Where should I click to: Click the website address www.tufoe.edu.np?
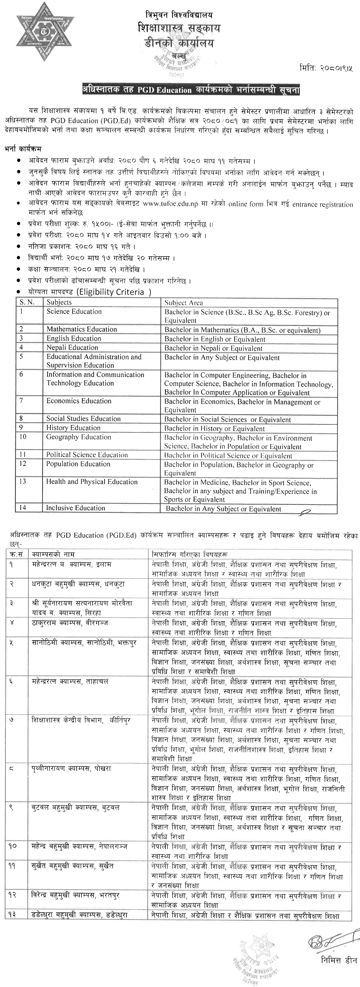170,204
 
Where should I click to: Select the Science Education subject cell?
74,311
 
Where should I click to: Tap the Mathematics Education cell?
82,329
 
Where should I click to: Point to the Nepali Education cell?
72,347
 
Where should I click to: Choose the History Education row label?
73,428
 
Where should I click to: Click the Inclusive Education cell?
75,508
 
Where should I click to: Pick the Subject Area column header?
183,302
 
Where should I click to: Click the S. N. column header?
27,302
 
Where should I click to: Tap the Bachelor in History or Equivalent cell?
214,429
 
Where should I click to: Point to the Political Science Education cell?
87,455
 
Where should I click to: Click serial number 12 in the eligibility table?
23,464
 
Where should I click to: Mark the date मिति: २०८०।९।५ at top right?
326,69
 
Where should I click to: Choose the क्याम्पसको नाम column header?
53,554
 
